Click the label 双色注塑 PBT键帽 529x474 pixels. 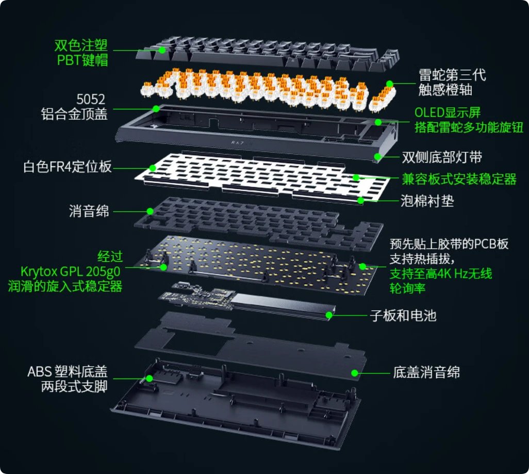point(81,53)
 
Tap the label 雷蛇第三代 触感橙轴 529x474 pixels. point(452,82)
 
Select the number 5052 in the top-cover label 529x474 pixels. point(91,99)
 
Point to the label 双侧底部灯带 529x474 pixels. point(442,157)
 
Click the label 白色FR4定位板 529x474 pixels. point(68,167)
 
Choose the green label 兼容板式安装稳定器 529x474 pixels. point(459,179)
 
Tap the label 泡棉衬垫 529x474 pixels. point(427,201)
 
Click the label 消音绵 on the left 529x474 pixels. point(89,211)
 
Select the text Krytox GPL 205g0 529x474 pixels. point(71,272)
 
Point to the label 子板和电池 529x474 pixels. point(403,315)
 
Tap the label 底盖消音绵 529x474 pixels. point(426,372)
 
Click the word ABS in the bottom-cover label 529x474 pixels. point(39,372)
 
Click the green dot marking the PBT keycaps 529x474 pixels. point(162,50)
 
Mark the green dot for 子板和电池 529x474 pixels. point(329,315)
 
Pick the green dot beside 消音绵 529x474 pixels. point(150,211)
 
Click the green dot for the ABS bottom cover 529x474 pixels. point(150,378)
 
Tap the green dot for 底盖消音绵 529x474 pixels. point(355,373)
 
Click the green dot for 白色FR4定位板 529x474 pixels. point(153,168)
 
